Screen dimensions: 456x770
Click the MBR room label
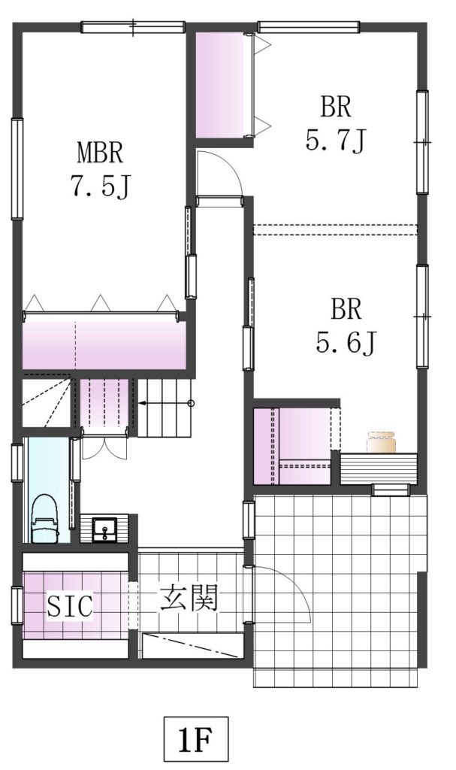point(100,153)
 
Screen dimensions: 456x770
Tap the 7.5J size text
point(101,186)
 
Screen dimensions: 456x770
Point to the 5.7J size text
point(336,141)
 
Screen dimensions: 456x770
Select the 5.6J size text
point(346,342)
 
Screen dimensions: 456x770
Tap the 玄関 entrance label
point(189,599)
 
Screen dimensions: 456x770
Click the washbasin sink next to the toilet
point(104,529)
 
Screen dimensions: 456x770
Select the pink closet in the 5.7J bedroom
point(220,84)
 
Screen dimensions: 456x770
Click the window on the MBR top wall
point(133,27)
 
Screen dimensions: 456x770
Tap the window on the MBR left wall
point(17,168)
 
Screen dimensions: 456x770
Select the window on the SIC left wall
point(17,605)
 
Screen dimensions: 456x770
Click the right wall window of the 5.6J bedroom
point(422,317)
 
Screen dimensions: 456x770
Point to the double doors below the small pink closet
point(104,444)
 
